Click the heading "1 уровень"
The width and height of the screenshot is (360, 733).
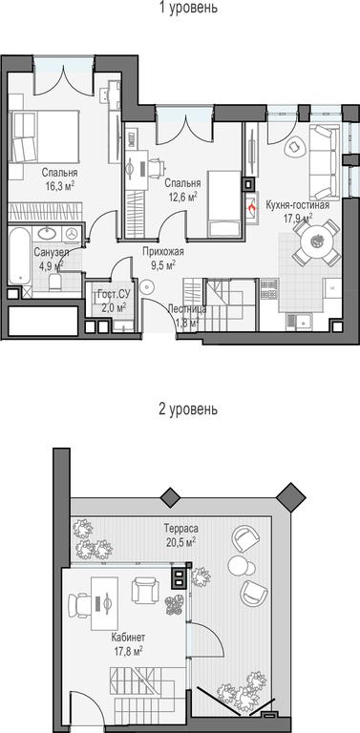tap(188, 8)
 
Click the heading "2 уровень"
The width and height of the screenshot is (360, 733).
tap(188, 409)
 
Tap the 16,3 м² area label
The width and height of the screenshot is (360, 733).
tap(60, 186)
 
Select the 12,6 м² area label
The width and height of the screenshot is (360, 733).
tap(182, 198)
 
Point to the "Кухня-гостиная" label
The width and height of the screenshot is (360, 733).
tap(298, 205)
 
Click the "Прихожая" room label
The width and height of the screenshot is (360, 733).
tap(163, 252)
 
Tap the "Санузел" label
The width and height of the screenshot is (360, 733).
tap(52, 253)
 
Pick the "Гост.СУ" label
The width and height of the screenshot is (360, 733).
tap(112, 296)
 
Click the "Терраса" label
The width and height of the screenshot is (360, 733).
tap(180, 529)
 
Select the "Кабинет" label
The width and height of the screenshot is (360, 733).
tap(128, 638)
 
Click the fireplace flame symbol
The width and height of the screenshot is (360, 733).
tap(251, 205)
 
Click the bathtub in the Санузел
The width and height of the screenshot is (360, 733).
tap(19, 256)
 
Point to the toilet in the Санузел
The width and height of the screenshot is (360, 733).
tap(55, 282)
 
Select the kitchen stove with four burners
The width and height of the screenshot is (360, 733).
tap(269, 288)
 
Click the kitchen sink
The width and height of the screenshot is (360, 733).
tap(298, 321)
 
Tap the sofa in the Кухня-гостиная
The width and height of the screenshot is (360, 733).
tap(324, 162)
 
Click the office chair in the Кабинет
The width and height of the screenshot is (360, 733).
tap(79, 605)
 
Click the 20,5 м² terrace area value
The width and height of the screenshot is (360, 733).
tap(180, 541)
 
